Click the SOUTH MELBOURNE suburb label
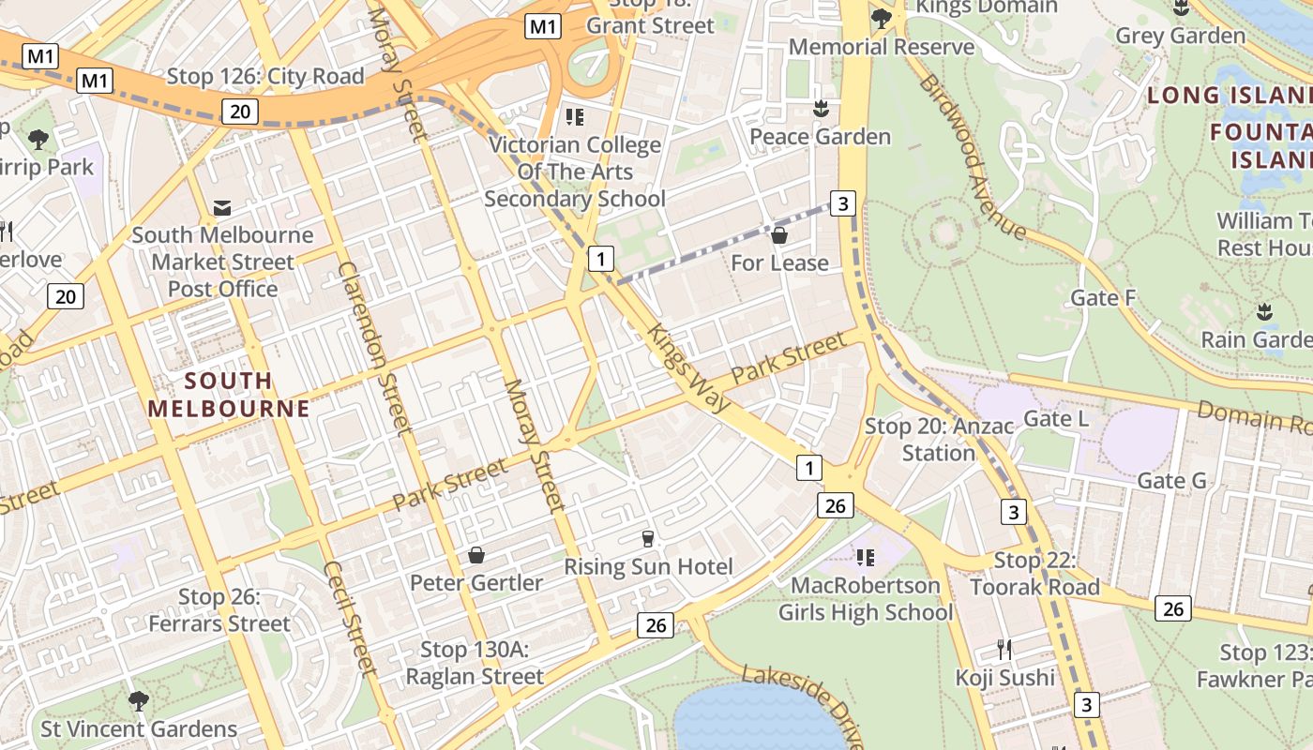229,395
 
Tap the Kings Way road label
688,368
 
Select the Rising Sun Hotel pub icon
647,539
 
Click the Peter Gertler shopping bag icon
476,556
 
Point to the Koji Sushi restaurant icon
1004,649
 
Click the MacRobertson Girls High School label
865,599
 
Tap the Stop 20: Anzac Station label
939,440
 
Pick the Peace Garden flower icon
821,109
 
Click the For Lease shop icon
778,235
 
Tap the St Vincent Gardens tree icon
139,700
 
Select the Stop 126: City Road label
265,77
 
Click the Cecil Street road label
348,619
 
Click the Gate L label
1056,418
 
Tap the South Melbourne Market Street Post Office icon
222,207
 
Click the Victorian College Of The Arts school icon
574,118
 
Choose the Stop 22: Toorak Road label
1034,574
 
